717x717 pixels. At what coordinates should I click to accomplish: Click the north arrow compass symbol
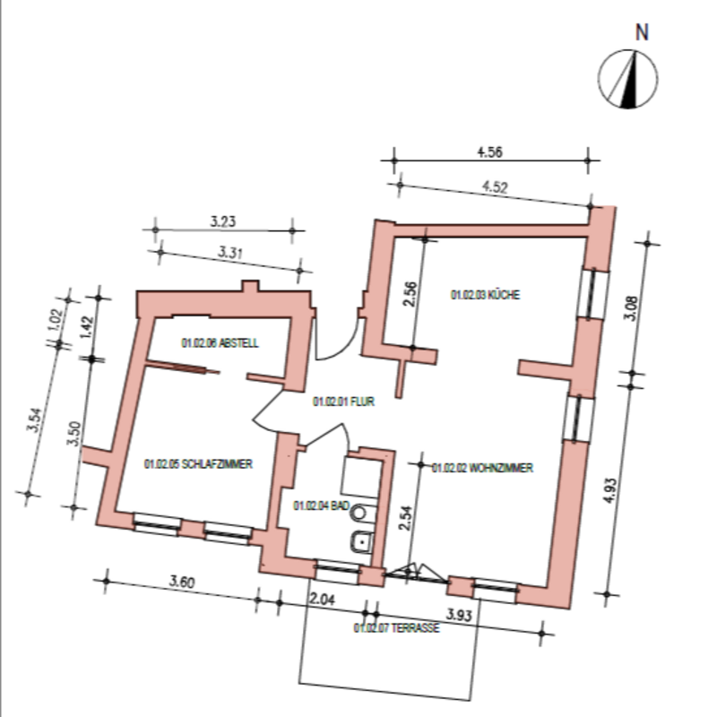(x=628, y=79)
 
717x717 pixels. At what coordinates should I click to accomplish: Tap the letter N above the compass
(x=642, y=32)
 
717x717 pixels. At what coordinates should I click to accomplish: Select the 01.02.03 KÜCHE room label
(x=485, y=295)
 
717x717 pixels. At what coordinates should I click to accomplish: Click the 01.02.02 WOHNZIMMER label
(x=482, y=468)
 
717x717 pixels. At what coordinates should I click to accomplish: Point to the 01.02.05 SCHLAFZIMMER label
(x=198, y=463)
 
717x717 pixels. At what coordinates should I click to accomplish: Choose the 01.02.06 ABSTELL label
(x=220, y=343)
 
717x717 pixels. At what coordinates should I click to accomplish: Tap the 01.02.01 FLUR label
(x=343, y=402)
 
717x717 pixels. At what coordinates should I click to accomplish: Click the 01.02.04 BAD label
(x=321, y=505)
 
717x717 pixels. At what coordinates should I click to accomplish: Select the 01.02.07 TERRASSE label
(x=396, y=628)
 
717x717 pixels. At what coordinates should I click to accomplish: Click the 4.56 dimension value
(x=489, y=151)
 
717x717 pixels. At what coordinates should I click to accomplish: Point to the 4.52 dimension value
(x=495, y=186)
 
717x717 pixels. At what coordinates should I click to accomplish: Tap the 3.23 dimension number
(x=222, y=221)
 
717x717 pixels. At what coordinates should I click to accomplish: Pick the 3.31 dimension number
(x=229, y=252)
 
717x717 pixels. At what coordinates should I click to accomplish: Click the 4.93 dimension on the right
(x=610, y=490)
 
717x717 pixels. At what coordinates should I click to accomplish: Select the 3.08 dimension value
(x=631, y=308)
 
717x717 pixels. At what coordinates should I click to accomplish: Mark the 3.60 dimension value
(x=182, y=582)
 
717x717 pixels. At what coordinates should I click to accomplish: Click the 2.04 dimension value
(x=322, y=599)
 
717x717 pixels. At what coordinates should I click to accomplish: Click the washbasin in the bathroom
(x=363, y=542)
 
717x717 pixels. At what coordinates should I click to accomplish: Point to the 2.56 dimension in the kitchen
(x=410, y=294)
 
